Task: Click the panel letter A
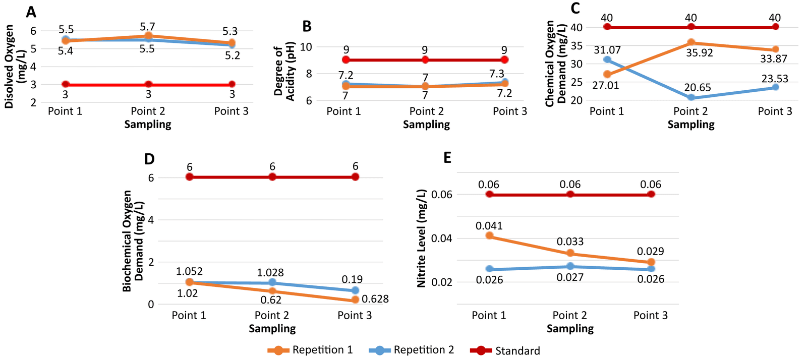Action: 31,12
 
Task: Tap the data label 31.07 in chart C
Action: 607,50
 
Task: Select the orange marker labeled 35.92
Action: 691,42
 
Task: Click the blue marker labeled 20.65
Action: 691,97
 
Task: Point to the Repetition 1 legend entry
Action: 310,350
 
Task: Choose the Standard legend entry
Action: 505,350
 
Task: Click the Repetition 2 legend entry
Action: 412,350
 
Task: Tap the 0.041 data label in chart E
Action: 489,226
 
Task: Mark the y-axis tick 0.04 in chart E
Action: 442,238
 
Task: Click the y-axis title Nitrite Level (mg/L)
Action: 421,238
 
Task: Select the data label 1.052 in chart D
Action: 189,272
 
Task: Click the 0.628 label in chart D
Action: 375,299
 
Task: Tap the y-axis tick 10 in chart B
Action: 306,47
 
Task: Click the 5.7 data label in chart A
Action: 147,27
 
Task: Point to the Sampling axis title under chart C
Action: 691,125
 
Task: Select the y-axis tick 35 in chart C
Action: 576,46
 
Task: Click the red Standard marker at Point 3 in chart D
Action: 355,177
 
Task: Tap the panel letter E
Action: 447,158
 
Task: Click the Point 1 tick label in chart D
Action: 189,316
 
